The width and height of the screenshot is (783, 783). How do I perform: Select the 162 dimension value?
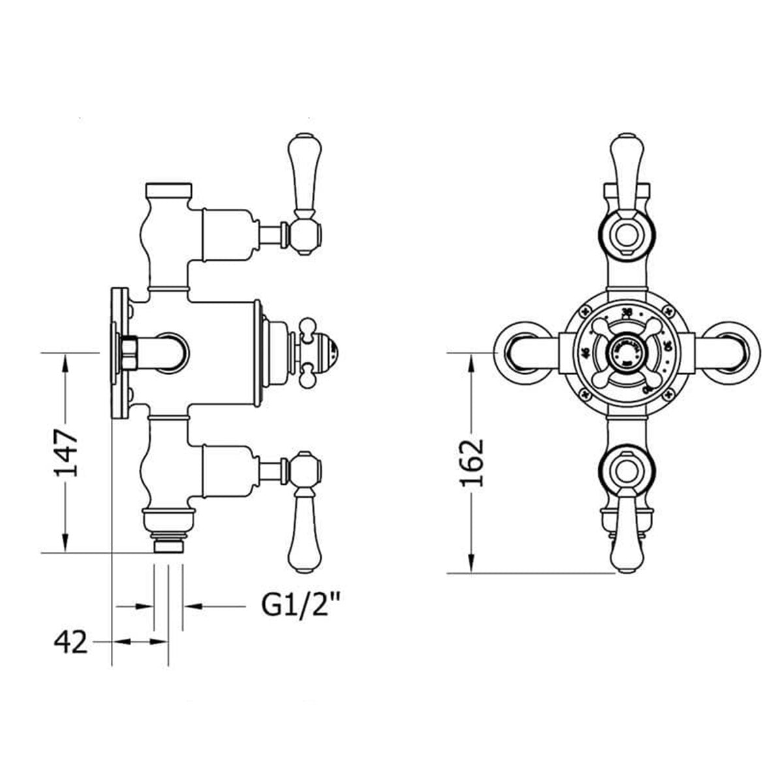coord(472,463)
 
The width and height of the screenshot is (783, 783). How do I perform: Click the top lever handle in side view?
coord(302,176)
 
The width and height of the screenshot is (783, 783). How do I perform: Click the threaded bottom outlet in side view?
coord(168,544)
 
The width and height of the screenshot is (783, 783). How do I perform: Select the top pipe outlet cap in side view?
coord(168,191)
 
